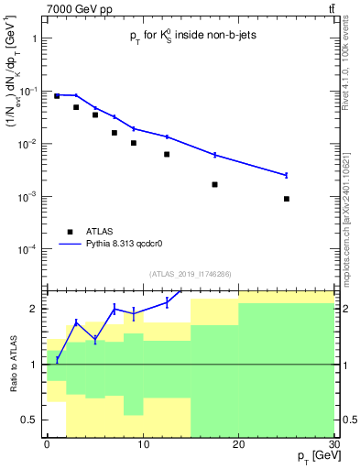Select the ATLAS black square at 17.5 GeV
tap(214, 184)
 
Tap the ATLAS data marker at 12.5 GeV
tap(167, 154)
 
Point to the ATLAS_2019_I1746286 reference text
tap(190, 274)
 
